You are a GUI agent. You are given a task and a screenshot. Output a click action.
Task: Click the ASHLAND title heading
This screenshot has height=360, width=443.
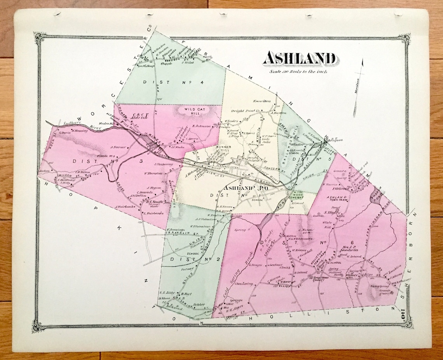(299, 59)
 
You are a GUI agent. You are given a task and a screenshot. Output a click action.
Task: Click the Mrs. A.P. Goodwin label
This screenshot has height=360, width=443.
(351, 248)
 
